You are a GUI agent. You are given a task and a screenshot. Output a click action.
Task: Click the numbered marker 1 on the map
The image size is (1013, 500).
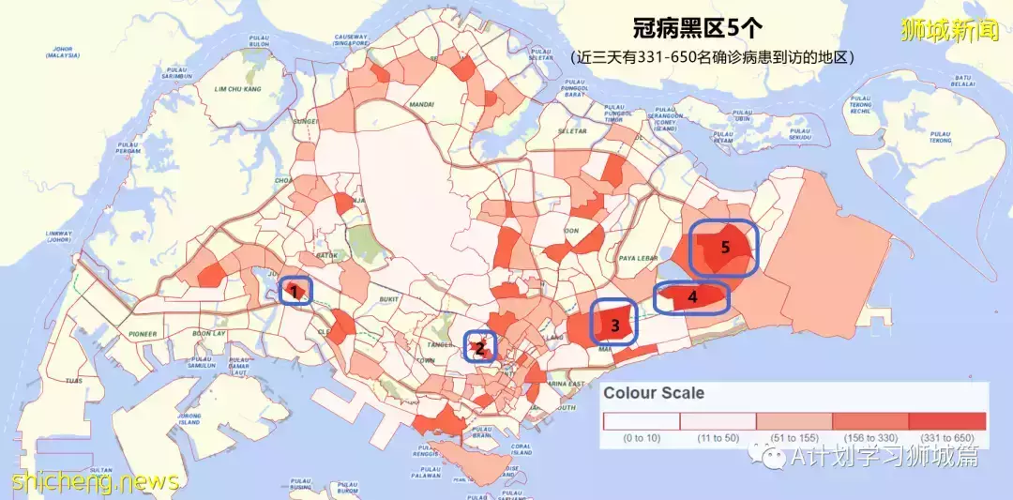pyautogui.click(x=295, y=292)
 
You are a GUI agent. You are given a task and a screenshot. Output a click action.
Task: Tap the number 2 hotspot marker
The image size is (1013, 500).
pyautogui.click(x=480, y=349)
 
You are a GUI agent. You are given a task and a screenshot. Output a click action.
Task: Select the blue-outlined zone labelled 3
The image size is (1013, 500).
pyautogui.click(x=615, y=326)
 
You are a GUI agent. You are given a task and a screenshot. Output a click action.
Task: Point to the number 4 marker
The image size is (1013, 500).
pyautogui.click(x=692, y=297)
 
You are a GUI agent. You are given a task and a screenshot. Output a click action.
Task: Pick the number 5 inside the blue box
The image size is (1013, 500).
pyautogui.click(x=724, y=248)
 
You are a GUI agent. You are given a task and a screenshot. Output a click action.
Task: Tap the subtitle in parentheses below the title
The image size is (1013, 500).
pyautogui.click(x=713, y=57)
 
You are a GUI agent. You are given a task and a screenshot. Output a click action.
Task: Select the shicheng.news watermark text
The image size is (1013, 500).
pyautogui.click(x=95, y=481)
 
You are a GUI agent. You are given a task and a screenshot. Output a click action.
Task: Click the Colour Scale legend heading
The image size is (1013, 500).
pyautogui.click(x=654, y=392)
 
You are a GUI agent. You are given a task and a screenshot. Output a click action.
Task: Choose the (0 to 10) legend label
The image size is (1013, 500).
pyautogui.click(x=641, y=438)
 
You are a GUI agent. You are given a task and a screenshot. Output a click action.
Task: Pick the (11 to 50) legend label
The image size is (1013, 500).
pyautogui.click(x=718, y=438)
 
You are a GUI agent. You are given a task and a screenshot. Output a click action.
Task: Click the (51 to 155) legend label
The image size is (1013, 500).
pyautogui.click(x=794, y=438)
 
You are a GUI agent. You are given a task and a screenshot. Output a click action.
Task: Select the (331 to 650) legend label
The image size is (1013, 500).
pyautogui.click(x=948, y=438)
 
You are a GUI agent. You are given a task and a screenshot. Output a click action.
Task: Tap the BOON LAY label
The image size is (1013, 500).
pyautogui.click(x=209, y=333)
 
